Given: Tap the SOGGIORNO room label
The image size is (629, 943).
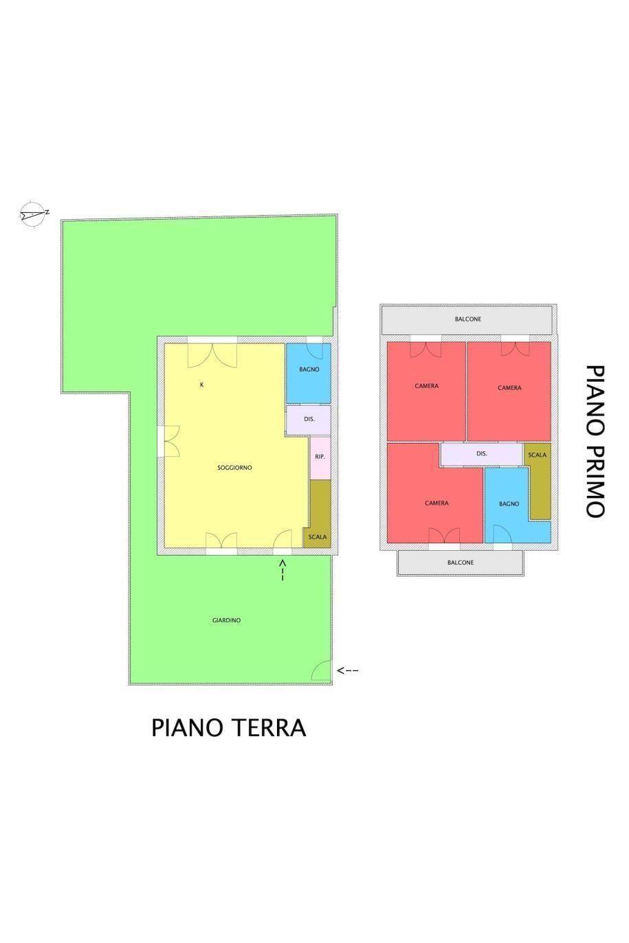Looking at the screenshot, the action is (234, 467).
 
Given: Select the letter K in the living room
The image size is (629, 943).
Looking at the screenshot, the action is (202, 385).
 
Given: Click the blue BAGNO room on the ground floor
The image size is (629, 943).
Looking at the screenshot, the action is (309, 373).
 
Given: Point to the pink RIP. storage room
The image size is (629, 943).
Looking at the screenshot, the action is (320, 458).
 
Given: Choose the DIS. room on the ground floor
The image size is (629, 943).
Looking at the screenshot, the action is (309, 420).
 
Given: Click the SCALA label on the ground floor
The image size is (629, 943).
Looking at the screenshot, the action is (317, 537).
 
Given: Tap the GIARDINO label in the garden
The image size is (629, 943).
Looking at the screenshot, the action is (226, 620).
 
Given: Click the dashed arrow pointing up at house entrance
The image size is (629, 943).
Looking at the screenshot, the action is (283, 570).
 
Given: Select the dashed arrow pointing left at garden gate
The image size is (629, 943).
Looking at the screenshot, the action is (348, 670).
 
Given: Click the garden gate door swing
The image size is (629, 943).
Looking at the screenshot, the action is (322, 670).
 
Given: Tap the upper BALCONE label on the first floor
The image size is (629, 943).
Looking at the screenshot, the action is (467, 319).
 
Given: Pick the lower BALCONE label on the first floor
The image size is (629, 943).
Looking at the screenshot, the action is (461, 563).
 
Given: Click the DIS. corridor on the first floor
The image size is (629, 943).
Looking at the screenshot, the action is (481, 454).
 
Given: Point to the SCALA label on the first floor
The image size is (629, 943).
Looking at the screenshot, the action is (537, 455).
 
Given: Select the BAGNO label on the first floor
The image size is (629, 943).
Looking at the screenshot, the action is (509, 503).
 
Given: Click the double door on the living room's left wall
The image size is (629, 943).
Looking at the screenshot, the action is (171, 441).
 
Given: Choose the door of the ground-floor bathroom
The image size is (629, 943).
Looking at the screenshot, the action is (314, 351).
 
